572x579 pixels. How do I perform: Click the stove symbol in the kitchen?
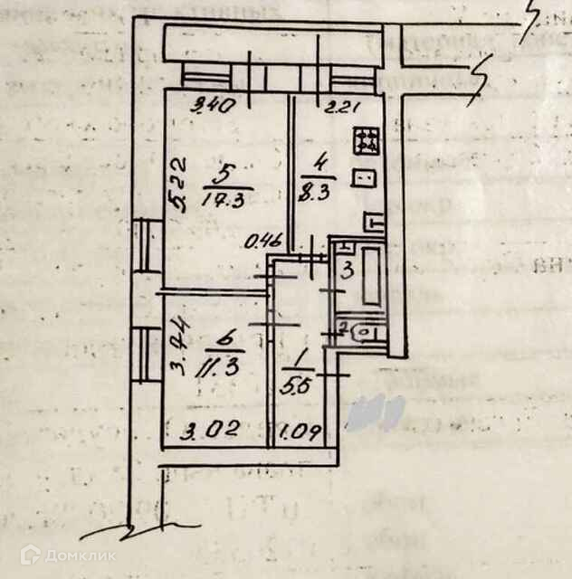coord(367,141)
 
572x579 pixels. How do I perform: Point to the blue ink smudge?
coord(378,413)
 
